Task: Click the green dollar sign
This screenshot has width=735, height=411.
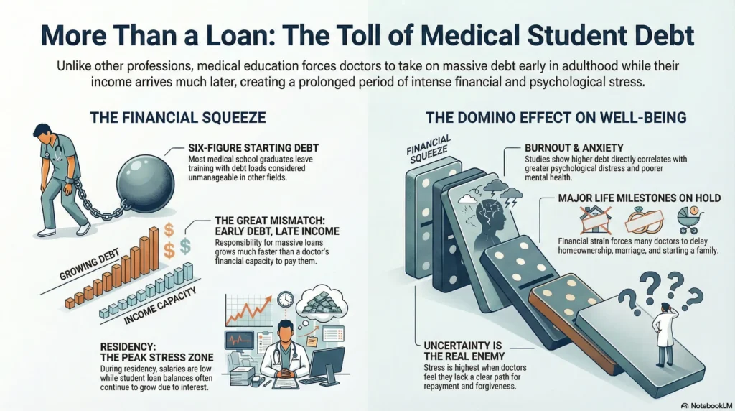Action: click(x=186, y=246)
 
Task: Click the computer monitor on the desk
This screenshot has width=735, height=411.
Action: click(x=327, y=361)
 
